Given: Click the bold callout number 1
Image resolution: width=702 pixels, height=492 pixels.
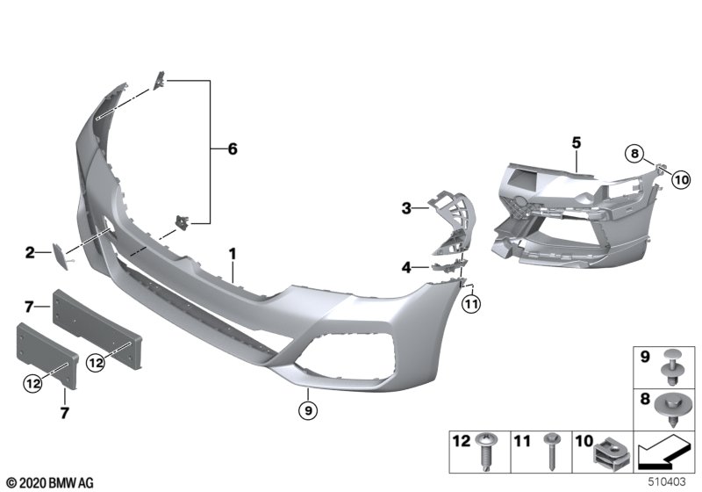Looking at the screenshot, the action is coord(233,255).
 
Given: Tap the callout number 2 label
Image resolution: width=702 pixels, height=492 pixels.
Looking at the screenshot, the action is coord(30,253).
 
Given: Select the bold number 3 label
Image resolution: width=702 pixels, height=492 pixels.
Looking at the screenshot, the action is coord(406,208).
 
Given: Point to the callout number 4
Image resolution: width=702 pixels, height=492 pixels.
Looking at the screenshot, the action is coord(406,268).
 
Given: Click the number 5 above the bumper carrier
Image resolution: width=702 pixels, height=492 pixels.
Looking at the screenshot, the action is coord(577,143).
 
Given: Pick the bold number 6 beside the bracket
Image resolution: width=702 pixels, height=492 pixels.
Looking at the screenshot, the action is coord(233,148).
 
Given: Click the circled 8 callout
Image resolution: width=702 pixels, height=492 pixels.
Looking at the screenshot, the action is coord(634,155).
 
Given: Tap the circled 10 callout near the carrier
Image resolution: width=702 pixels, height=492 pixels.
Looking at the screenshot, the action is coord(681,180).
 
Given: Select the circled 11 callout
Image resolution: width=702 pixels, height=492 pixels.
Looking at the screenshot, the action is coord(470,305).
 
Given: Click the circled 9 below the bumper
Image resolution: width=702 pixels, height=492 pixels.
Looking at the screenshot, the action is coord(308,410).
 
